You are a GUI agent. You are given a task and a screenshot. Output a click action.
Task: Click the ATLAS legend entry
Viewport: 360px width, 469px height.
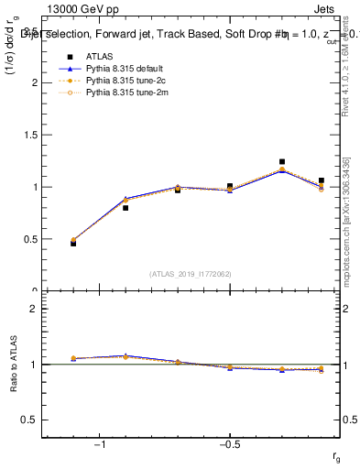(x=98, y=57)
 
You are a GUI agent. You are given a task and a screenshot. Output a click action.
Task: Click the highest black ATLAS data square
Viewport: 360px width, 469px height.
(x=282, y=162)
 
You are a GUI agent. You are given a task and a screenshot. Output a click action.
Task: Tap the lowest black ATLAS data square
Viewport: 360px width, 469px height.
(x=73, y=244)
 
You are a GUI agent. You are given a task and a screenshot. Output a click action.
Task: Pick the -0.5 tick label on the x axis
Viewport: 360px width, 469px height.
(x=229, y=443)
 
